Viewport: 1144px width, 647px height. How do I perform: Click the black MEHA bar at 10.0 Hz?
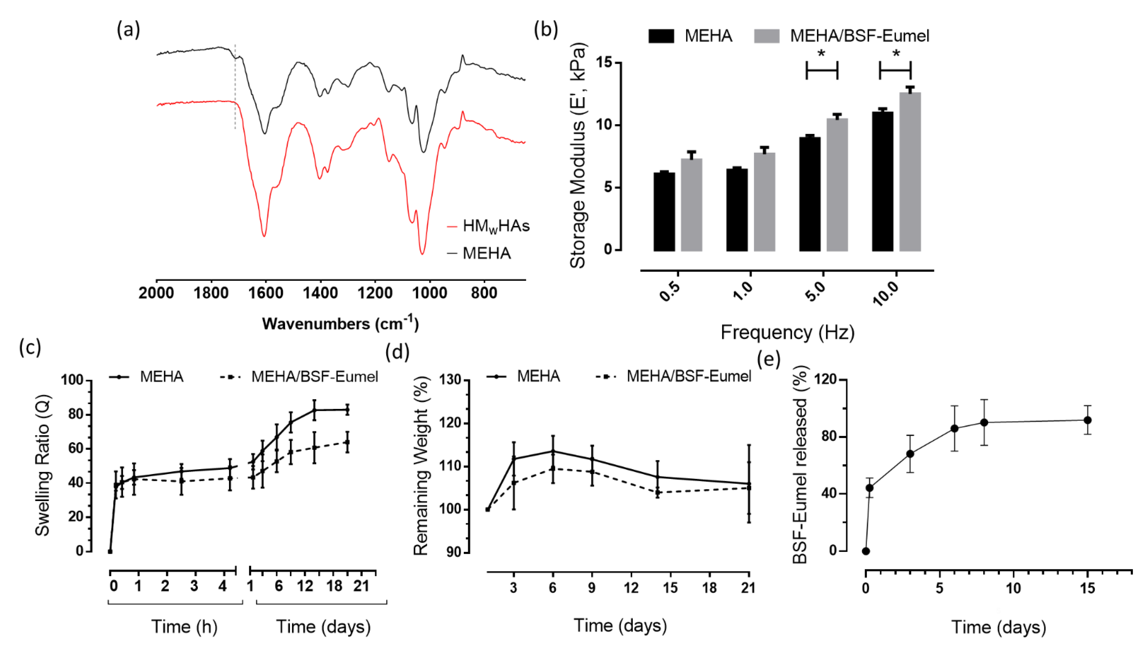[882, 181]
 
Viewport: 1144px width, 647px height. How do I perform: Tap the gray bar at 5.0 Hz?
[837, 185]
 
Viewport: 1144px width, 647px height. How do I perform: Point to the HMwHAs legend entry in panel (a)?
[488, 226]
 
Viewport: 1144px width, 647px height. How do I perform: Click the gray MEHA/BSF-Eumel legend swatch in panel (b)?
[766, 36]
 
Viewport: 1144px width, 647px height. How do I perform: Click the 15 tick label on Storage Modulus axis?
[604, 63]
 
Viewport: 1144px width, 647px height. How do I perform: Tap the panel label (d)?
[397, 352]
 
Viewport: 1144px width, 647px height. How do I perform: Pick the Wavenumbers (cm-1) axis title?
[340, 323]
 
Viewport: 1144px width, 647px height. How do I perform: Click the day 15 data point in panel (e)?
[1087, 420]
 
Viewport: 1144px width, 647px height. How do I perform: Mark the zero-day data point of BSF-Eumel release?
[866, 551]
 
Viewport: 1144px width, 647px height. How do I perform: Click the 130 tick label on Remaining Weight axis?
[452, 380]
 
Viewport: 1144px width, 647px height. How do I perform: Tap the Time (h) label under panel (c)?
[184, 627]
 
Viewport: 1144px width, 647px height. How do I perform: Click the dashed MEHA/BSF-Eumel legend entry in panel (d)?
[673, 376]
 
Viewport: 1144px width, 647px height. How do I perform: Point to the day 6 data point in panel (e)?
[954, 428]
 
